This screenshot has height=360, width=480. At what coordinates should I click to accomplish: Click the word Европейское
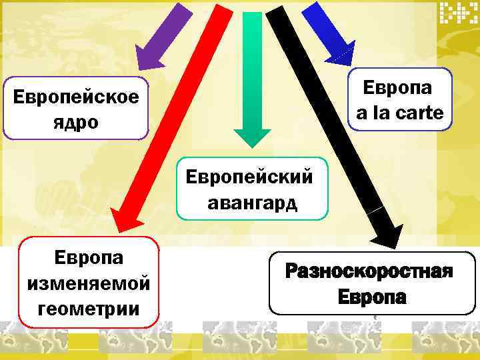click(76, 98)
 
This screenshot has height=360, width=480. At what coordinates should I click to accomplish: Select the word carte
click(418, 113)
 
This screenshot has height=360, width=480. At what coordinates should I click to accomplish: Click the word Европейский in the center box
click(249, 178)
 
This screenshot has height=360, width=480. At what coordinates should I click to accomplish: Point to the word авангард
click(252, 202)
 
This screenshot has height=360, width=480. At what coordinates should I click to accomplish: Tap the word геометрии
click(89, 309)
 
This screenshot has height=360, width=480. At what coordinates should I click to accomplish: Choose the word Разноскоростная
click(369, 272)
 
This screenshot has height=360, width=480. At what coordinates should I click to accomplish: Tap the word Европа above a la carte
click(397, 88)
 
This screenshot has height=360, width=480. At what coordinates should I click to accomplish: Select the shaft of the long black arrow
click(327, 113)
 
